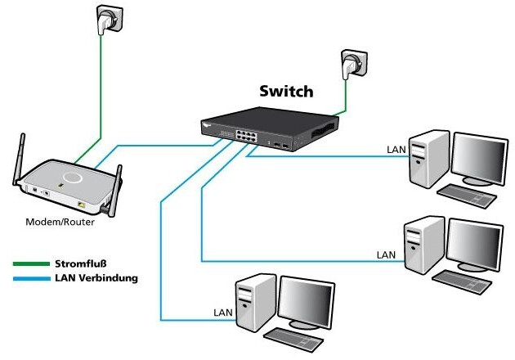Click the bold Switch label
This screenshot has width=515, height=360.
click(286, 90)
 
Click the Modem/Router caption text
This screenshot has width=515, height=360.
click(58, 222)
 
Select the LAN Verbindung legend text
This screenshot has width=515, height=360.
click(96, 278)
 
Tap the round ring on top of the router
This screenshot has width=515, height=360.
click(72, 176)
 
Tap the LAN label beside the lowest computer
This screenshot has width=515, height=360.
click(222, 313)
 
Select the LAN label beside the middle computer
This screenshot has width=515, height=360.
click(387, 255)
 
